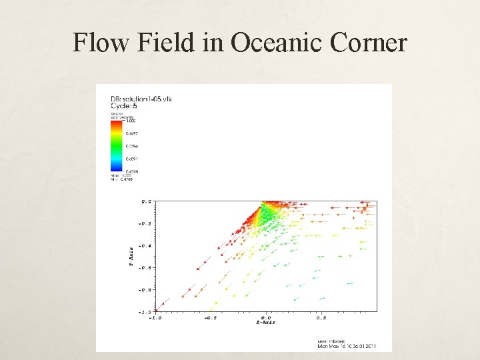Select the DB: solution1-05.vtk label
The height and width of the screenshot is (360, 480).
click(137, 100)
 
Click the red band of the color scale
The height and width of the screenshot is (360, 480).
click(116, 124)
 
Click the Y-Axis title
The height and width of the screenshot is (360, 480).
click(131, 256)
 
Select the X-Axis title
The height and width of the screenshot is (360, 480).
click(265, 323)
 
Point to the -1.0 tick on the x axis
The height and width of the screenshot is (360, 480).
click(155, 317)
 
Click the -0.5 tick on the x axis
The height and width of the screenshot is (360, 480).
click(211, 317)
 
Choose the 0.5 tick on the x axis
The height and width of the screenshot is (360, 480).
click(321, 317)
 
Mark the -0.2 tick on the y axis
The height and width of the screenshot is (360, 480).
click(145, 223)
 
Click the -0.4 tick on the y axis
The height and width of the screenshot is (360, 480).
click(145, 245)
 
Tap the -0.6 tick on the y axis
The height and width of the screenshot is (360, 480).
click(145, 267)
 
